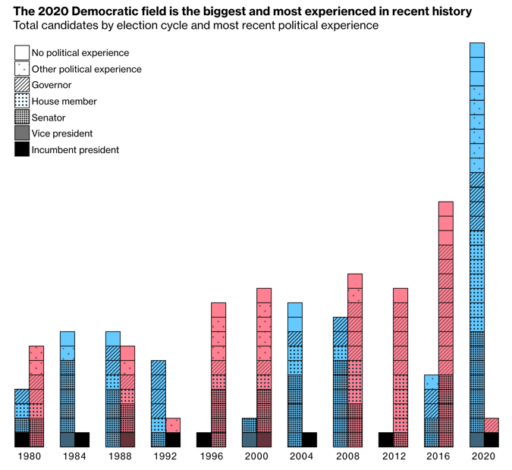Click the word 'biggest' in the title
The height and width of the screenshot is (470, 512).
[212, 11]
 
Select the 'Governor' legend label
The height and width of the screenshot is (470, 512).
[52, 85]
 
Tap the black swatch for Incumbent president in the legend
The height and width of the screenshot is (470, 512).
[22, 149]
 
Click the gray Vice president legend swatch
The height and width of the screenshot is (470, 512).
[22, 133]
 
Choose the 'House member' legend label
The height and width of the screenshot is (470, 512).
[64, 102]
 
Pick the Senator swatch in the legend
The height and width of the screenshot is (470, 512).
[22, 117]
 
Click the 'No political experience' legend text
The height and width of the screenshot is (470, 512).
[80, 53]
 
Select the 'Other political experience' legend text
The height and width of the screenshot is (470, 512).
[86, 69]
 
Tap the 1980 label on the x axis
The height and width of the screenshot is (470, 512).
[29, 456]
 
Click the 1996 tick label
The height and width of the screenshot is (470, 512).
[211, 456]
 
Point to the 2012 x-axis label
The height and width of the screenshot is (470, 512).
[393, 456]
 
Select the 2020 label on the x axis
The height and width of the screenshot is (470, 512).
[484, 456]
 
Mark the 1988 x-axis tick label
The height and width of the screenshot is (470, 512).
[120, 456]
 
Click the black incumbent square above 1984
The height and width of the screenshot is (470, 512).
[82, 440]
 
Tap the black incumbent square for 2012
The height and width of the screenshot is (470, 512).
[385, 440]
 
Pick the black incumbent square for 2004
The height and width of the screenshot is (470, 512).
[309, 440]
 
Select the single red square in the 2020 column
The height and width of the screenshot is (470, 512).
[492, 425]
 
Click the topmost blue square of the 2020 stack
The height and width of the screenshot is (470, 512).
[476, 50]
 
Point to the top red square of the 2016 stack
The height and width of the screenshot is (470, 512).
[446, 209]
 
